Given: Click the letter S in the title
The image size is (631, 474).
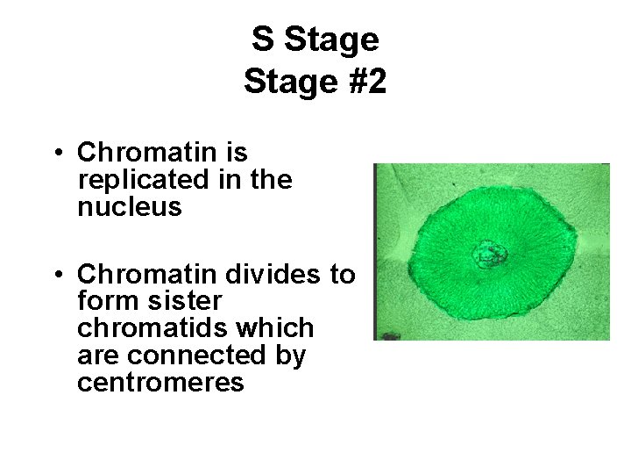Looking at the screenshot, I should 262,39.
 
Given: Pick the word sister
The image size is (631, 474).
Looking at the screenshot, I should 186,301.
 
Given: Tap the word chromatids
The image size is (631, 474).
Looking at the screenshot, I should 145,328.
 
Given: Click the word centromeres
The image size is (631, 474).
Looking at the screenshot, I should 160,383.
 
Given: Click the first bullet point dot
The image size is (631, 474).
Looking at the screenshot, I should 55,154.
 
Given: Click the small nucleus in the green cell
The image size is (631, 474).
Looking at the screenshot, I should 490,255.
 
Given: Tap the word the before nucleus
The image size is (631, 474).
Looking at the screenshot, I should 271,180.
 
